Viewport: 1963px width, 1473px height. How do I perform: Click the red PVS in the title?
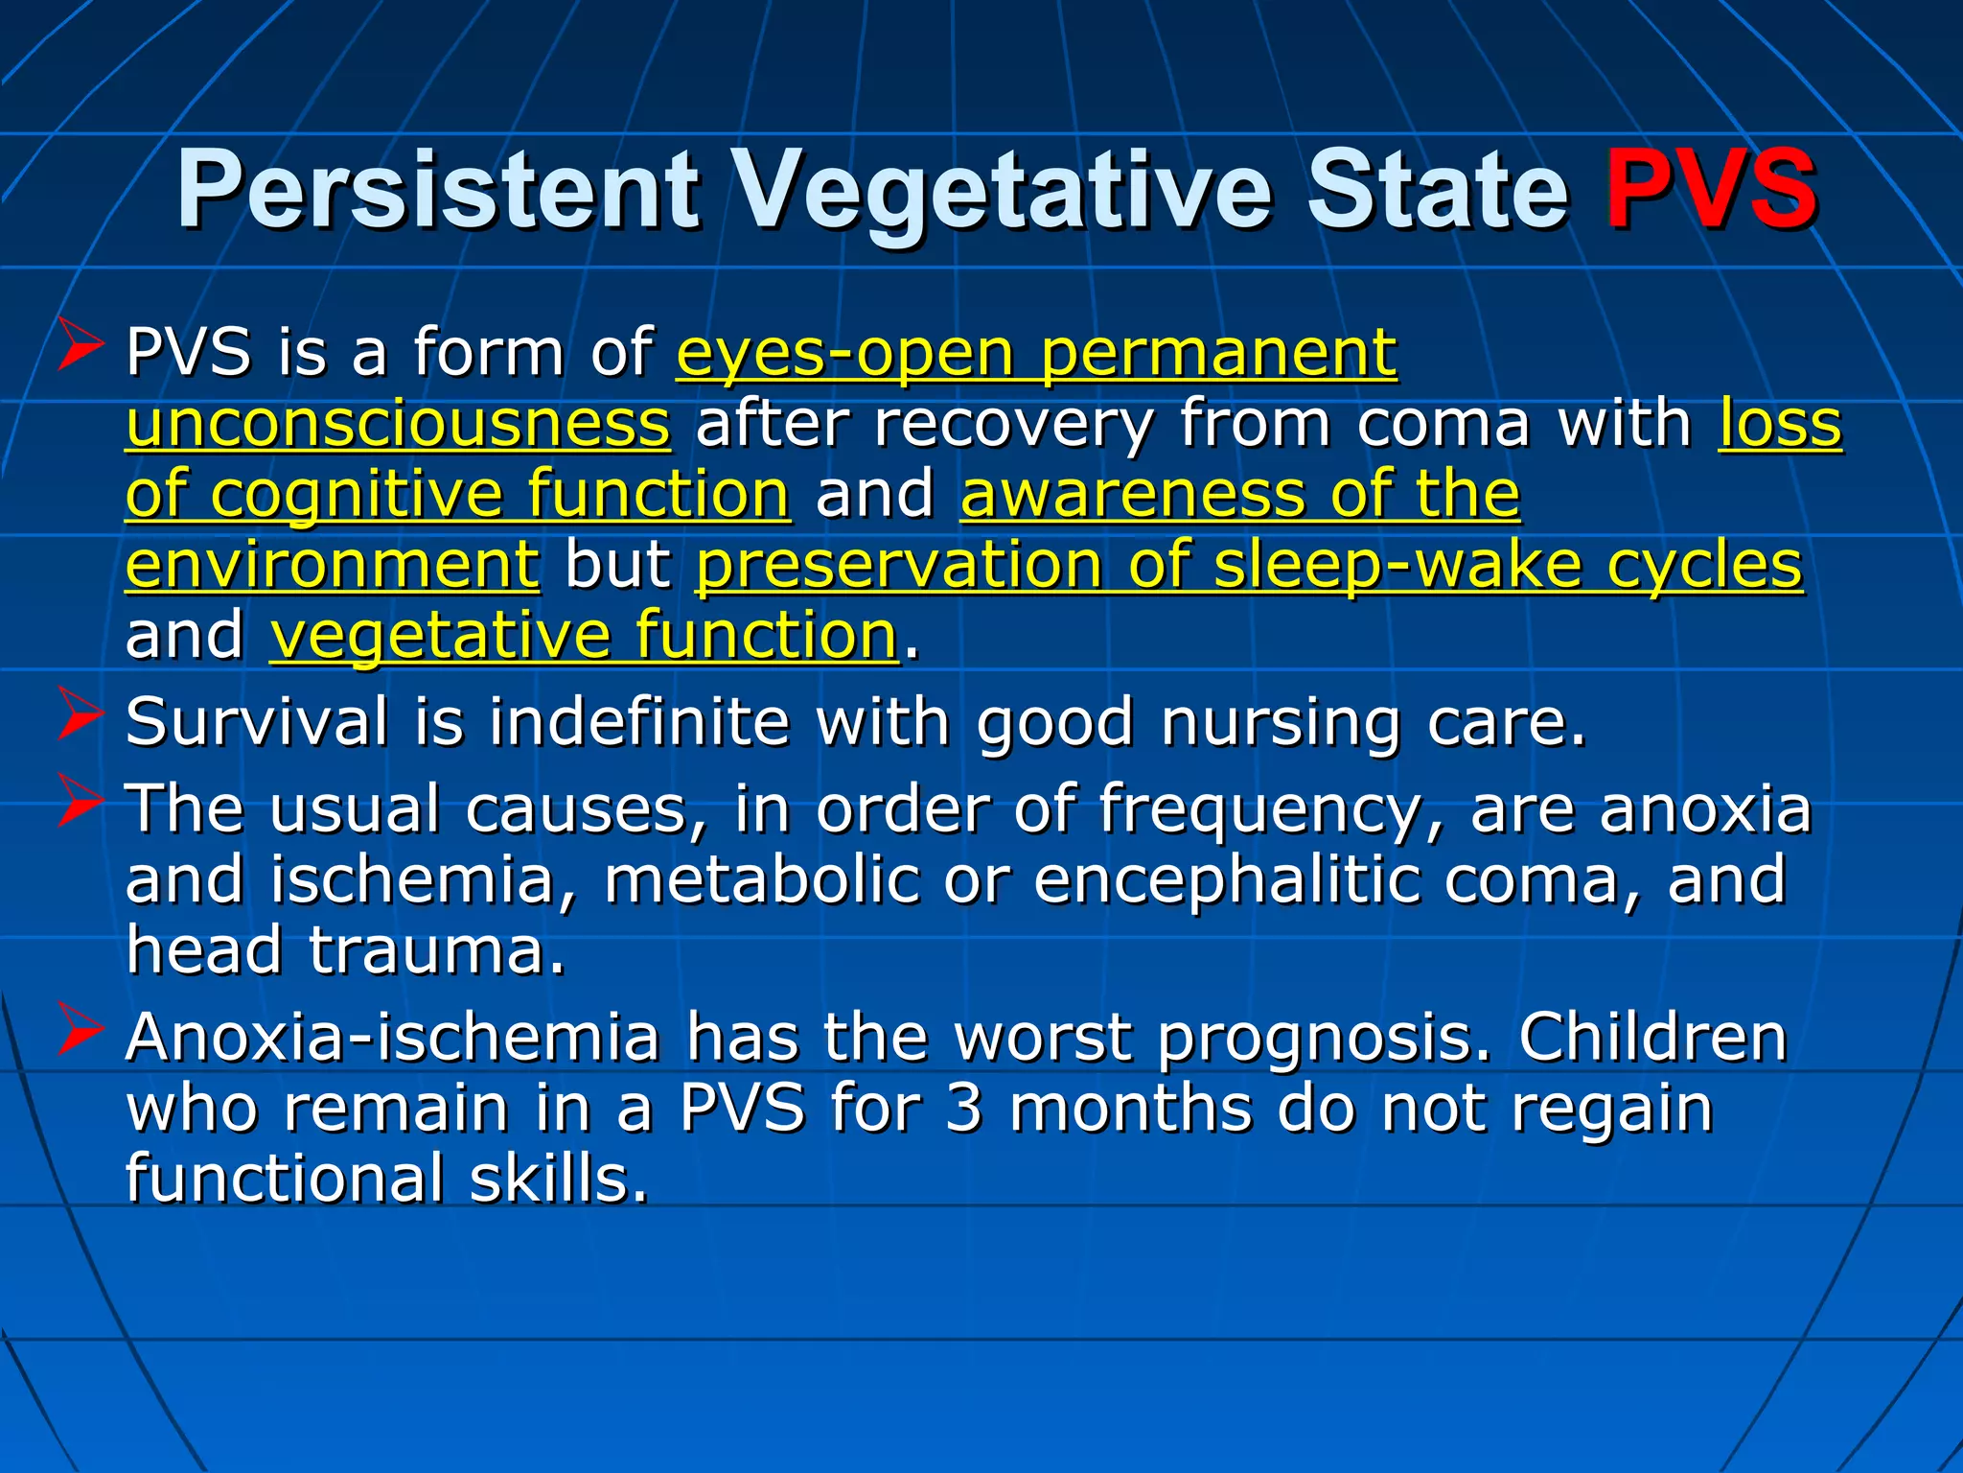1711,190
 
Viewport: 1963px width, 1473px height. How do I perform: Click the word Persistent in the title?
439,190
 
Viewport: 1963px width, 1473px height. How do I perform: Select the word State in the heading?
1438,190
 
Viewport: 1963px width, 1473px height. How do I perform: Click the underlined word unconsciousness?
398,424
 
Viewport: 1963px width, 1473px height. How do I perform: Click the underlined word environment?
333,565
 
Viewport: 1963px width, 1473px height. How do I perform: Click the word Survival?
257,721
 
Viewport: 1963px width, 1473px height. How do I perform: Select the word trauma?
436,949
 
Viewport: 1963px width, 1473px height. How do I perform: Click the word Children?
1652,1037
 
